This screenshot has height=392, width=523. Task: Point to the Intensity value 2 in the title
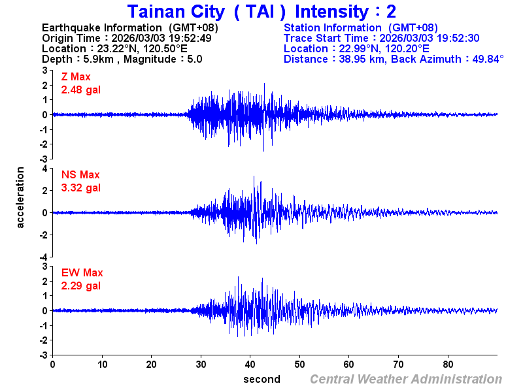391,11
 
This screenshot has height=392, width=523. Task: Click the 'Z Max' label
75,77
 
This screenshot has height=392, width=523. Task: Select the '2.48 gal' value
81,90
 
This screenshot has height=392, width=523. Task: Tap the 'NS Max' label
80,174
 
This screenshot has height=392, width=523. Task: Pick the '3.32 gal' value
81,188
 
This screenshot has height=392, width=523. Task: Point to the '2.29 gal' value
81,286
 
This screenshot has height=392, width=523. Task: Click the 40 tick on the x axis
250,364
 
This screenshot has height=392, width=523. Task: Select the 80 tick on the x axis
448,364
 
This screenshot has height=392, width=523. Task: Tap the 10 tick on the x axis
102,364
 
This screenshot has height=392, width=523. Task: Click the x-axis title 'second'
261,379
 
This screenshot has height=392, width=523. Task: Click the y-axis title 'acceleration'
21,197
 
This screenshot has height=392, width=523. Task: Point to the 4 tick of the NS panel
44,169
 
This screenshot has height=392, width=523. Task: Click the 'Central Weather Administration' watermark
406,379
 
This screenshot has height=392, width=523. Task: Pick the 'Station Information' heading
333,27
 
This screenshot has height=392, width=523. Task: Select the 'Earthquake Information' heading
101,27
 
